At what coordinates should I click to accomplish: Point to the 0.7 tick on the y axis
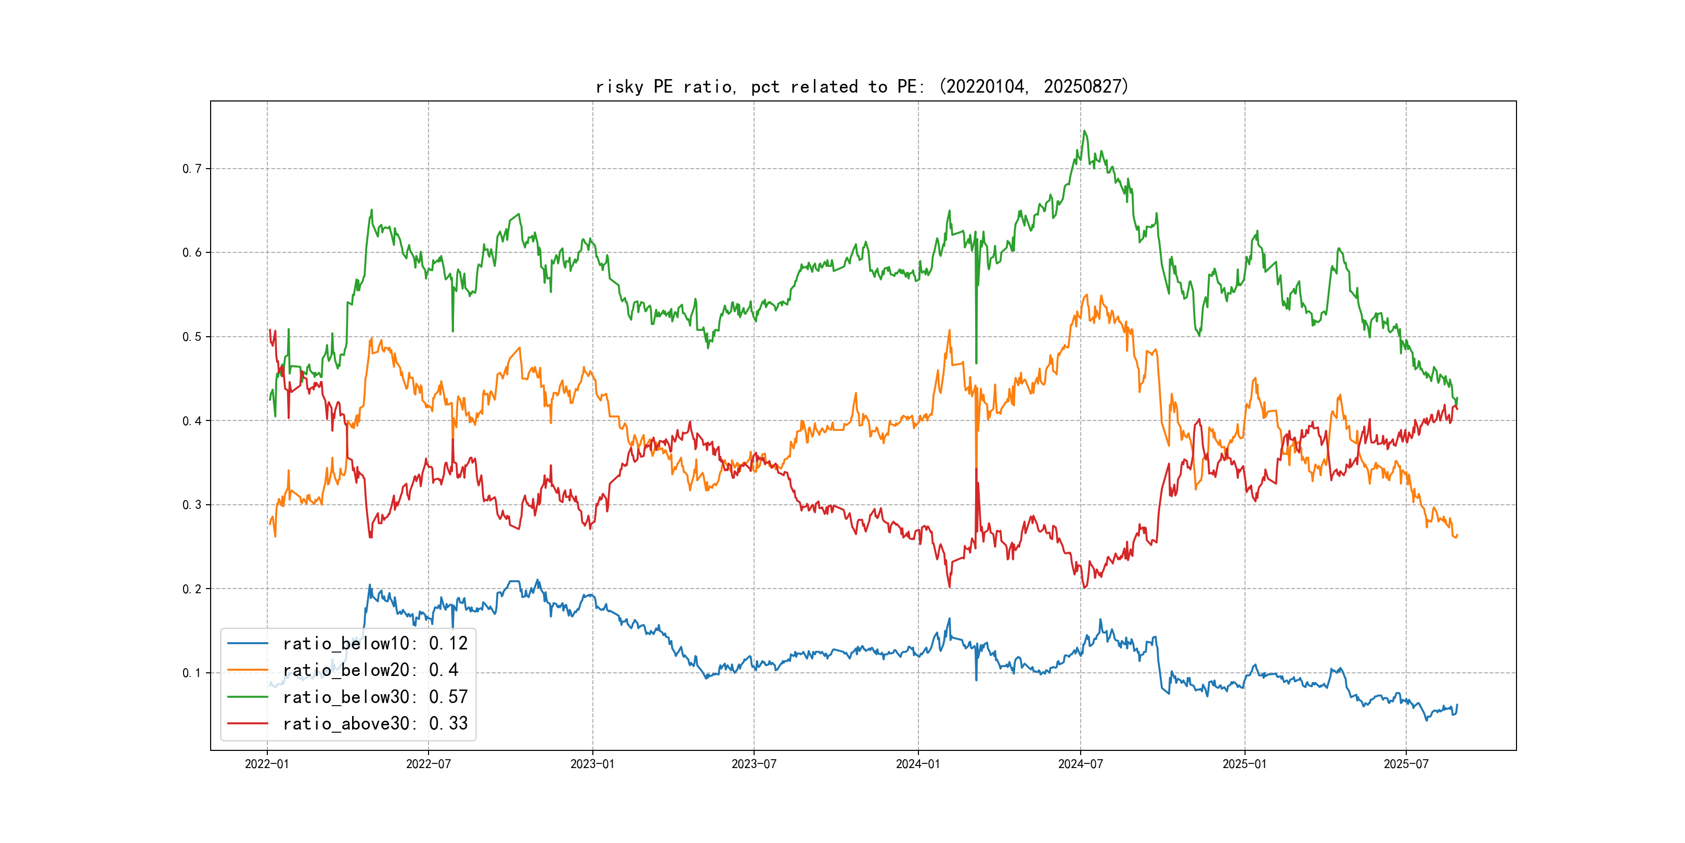click(192, 169)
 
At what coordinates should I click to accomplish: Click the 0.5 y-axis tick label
click(192, 337)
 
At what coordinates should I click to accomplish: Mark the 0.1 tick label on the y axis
click(192, 673)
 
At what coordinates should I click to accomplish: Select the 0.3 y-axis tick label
click(192, 505)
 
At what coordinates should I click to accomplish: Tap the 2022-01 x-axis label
click(267, 764)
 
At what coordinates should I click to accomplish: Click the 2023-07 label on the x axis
click(754, 764)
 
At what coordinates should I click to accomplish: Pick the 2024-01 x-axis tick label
click(918, 764)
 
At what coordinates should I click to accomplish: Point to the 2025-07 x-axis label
click(1406, 764)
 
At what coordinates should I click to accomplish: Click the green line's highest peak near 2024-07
click(1084, 131)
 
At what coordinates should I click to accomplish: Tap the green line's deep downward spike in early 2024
click(977, 363)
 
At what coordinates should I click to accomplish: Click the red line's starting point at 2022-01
click(269, 330)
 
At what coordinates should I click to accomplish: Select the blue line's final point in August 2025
click(1457, 705)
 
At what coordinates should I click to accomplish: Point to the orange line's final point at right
click(1457, 535)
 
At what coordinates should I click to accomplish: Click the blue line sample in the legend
click(247, 643)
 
